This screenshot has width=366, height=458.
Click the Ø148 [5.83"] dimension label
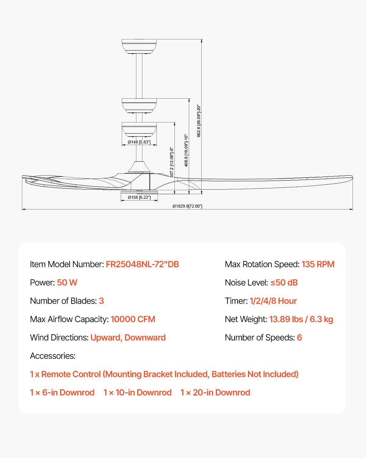click(139, 142)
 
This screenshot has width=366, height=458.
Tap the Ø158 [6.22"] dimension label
click(139, 198)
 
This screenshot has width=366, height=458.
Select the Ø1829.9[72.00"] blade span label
click(187, 206)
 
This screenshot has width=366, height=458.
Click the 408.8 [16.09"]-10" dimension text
click(186, 151)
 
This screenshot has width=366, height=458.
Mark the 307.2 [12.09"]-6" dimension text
click(172, 162)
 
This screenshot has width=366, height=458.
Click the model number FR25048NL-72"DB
click(142, 264)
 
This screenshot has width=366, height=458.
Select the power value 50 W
click(67, 283)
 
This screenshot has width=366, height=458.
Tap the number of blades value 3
click(101, 301)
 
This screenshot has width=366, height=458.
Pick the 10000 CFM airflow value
click(133, 319)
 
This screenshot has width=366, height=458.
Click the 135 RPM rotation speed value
click(318, 264)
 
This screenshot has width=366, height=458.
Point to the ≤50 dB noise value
click(284, 283)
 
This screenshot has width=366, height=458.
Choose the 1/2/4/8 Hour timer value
click(273, 301)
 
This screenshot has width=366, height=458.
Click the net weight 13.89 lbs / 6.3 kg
click(301, 319)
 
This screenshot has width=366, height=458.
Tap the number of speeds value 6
click(299, 338)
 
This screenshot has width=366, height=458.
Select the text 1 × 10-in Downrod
click(137, 393)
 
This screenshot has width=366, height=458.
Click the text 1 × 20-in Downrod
click(215, 393)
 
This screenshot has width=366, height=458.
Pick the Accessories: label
click(52, 356)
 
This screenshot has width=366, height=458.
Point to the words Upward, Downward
click(128, 338)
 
